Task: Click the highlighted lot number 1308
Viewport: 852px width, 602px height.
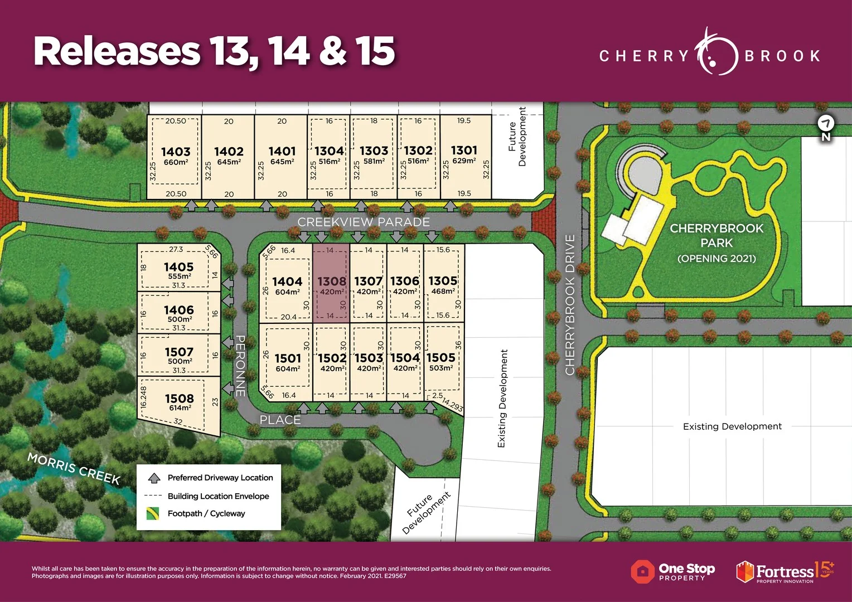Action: tap(332, 281)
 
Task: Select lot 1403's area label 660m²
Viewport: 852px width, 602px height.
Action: tap(176, 162)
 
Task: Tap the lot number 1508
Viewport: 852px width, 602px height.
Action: tap(179, 398)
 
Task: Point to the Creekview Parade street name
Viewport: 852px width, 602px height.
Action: tap(364, 222)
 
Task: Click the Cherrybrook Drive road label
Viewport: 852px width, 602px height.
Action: tap(570, 304)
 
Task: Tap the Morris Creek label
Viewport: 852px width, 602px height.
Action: tap(74, 468)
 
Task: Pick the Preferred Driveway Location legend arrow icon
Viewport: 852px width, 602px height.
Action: tap(154, 478)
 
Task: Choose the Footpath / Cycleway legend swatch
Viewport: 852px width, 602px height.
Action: tap(153, 513)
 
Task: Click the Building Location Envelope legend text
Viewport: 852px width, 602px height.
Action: tap(218, 496)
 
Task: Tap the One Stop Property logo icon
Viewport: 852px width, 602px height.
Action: tap(642, 571)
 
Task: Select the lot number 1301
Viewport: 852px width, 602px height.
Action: tap(464, 151)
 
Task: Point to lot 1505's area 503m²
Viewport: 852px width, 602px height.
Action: tap(440, 368)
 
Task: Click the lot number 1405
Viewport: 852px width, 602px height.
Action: tap(178, 267)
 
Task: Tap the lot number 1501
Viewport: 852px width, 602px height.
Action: tap(287, 358)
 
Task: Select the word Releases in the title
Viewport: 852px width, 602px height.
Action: tap(117, 51)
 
